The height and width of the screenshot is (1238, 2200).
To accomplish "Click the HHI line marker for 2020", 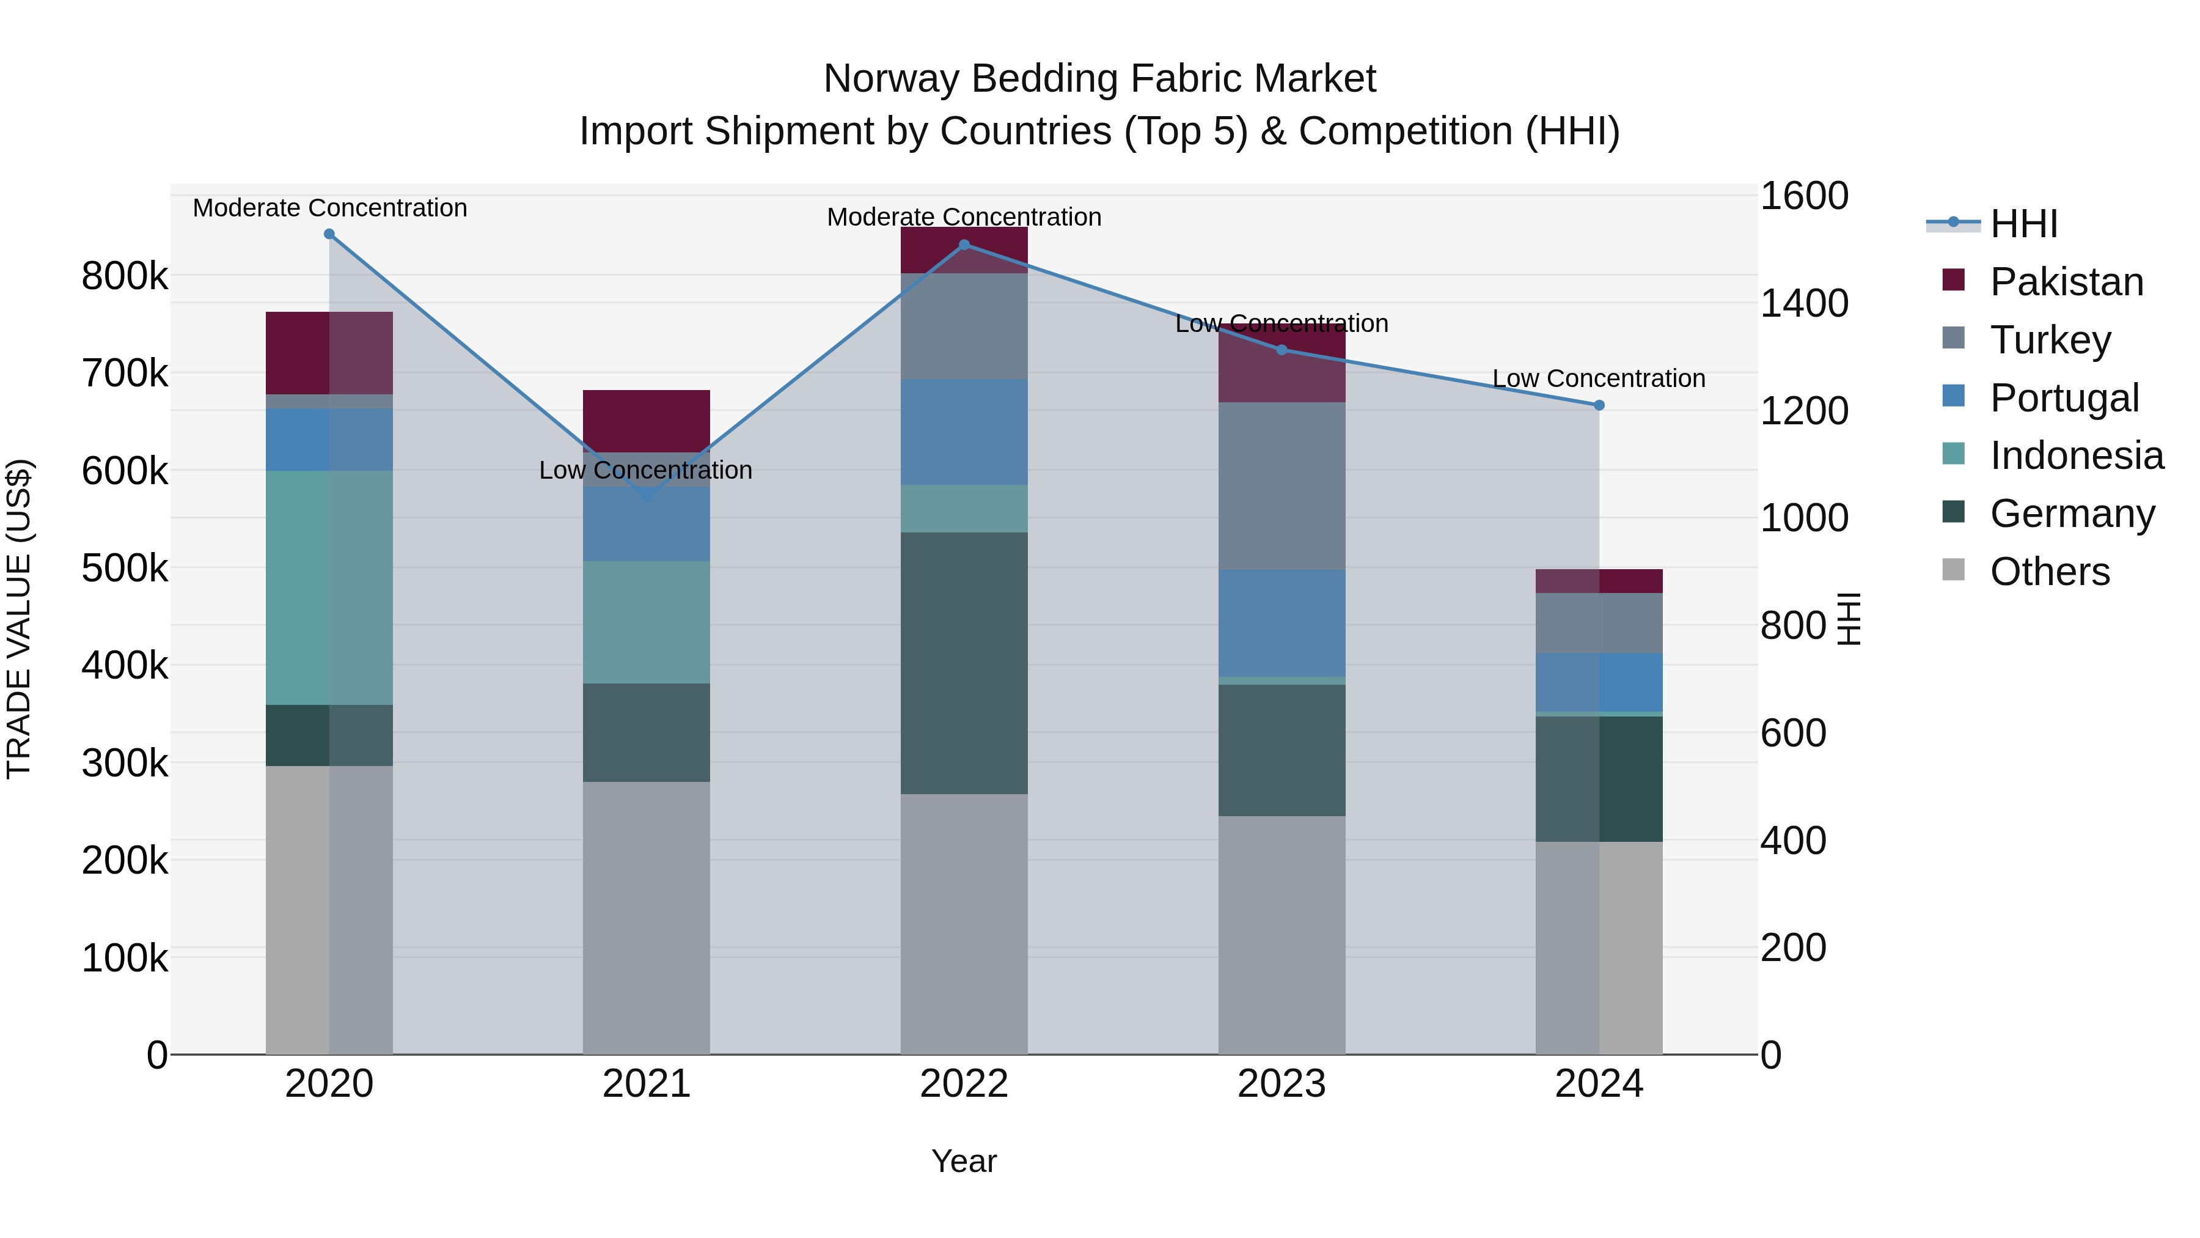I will click(x=329, y=234).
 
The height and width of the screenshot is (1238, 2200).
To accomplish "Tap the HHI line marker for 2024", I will click(x=1599, y=405).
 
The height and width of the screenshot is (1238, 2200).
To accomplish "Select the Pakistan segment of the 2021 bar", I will click(x=647, y=421).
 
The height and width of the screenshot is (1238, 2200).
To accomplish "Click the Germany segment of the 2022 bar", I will click(x=964, y=663).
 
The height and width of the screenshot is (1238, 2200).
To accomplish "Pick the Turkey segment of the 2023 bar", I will click(x=1281, y=485).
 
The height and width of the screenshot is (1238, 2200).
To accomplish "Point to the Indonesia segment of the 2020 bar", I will click(x=329, y=587).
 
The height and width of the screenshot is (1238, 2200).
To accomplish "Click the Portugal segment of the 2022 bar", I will click(x=964, y=432).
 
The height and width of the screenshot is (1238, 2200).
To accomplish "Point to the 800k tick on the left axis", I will click(x=125, y=276).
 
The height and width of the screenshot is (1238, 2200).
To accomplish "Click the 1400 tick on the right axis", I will click(x=1804, y=303).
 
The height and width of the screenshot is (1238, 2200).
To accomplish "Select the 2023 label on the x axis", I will click(x=1281, y=1084).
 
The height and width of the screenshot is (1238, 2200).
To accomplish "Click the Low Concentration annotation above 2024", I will click(x=1598, y=378).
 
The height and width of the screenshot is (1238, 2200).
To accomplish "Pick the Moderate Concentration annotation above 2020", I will click(x=329, y=208).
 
